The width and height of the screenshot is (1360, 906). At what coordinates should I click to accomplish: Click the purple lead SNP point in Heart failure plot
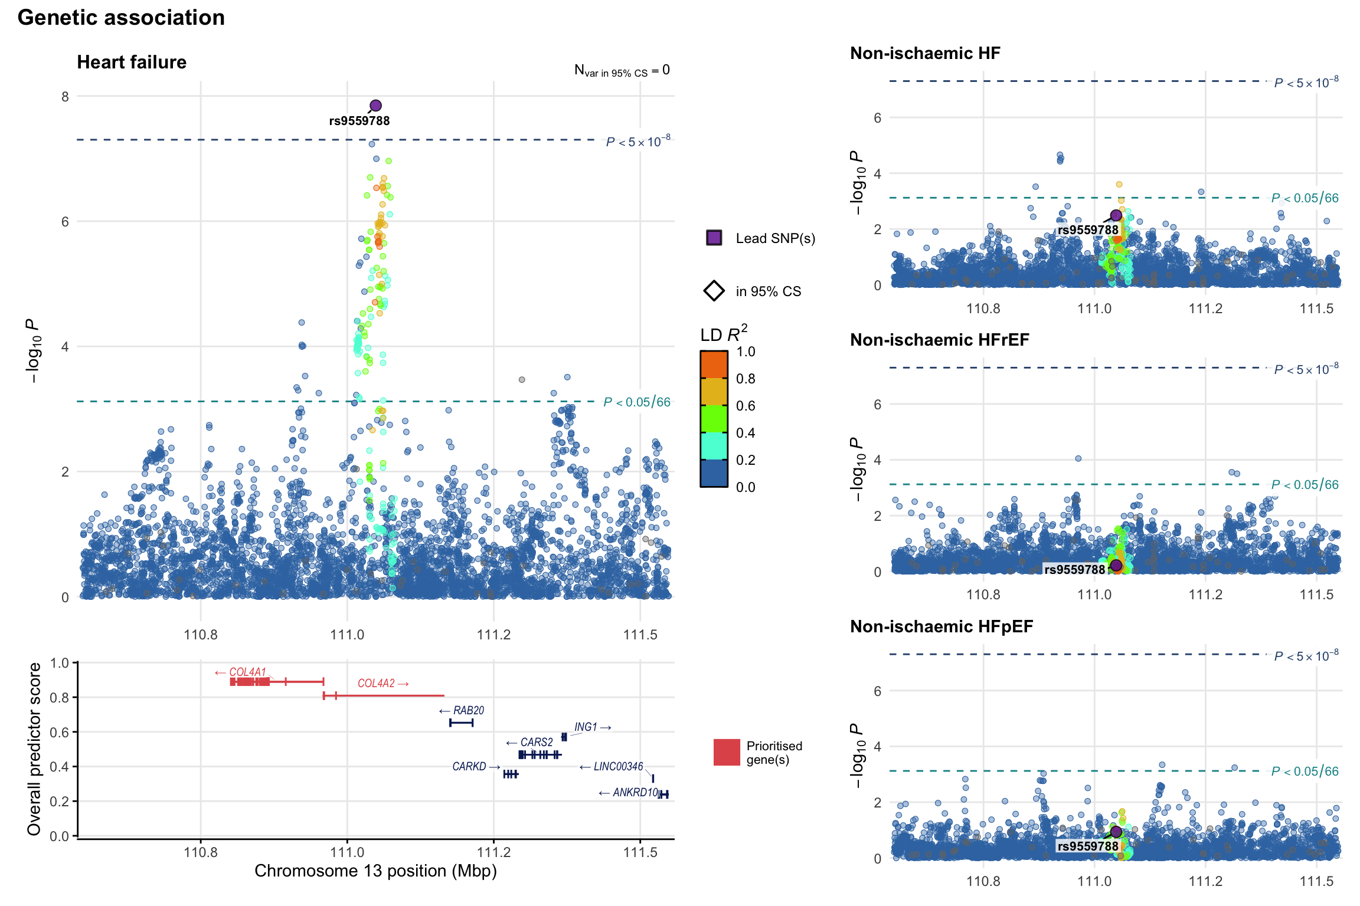pyautogui.click(x=375, y=106)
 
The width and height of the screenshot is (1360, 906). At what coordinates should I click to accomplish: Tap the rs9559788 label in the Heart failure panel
pyautogui.click(x=359, y=121)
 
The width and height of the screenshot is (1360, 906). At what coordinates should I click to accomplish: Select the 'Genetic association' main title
pyautogui.click(x=121, y=18)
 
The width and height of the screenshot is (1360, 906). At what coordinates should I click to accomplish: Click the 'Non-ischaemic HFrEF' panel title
pyautogui.click(x=939, y=340)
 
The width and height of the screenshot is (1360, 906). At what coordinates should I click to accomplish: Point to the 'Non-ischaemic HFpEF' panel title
pyautogui.click(x=941, y=626)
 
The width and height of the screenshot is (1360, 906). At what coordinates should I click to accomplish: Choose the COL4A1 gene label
pyautogui.click(x=247, y=672)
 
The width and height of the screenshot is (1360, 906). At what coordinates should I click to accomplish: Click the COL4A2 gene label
pyautogui.click(x=376, y=683)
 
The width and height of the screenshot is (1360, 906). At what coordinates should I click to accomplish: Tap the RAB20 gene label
pyautogui.click(x=468, y=710)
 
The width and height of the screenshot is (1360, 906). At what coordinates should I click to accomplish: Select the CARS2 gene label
pyautogui.click(x=536, y=742)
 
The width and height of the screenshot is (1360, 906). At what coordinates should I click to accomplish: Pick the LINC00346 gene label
pyautogui.click(x=618, y=766)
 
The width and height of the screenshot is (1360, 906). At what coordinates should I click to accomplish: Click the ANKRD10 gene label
pyautogui.click(x=635, y=792)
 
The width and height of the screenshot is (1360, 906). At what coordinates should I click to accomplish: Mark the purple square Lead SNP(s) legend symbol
pyautogui.click(x=714, y=238)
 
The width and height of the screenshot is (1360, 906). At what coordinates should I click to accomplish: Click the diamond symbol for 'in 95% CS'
pyautogui.click(x=714, y=291)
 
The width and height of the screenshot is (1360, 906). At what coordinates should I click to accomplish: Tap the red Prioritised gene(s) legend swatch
pyautogui.click(x=727, y=752)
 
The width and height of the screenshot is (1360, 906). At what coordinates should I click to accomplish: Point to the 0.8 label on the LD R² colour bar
pyautogui.click(x=746, y=379)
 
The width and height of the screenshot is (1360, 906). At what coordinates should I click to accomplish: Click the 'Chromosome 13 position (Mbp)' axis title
pyautogui.click(x=375, y=871)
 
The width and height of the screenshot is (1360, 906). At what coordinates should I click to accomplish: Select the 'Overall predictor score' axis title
pyautogui.click(x=34, y=749)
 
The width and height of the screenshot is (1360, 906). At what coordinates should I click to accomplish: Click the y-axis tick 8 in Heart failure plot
pyautogui.click(x=65, y=97)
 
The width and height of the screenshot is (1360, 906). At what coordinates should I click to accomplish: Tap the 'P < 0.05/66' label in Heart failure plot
pyautogui.click(x=637, y=402)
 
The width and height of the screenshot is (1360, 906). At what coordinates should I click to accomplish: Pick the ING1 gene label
pyautogui.click(x=586, y=727)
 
